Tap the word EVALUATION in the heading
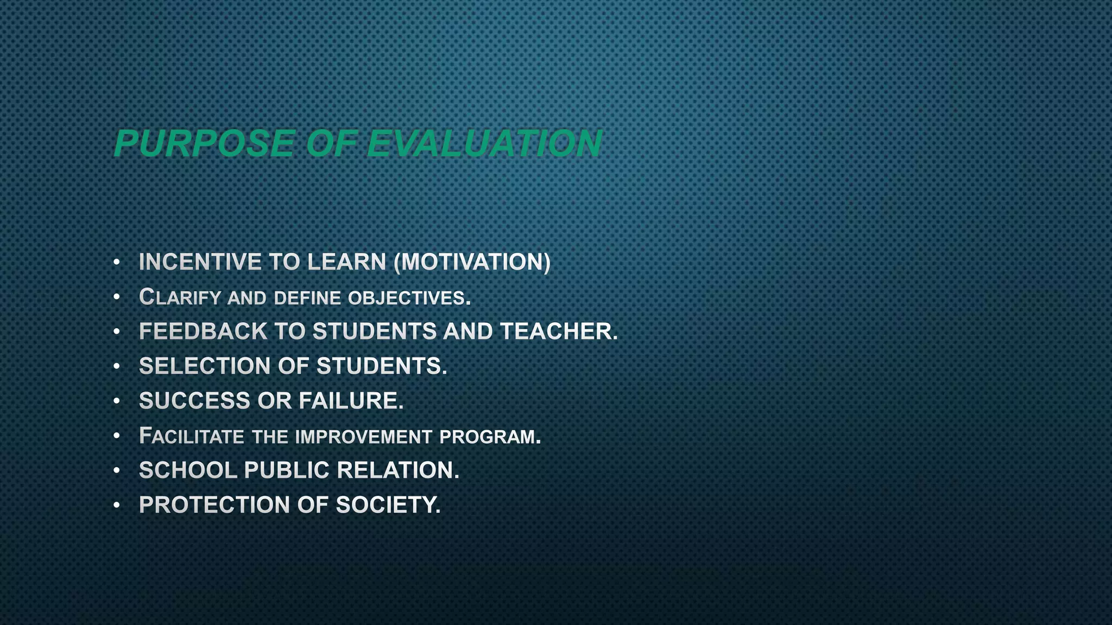484,144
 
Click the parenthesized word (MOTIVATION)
472,262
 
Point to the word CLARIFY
180,297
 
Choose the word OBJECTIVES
409,298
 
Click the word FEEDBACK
203,331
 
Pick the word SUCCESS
194,401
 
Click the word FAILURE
351,401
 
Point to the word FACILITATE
191,436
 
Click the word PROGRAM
490,437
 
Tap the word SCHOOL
188,470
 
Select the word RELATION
398,470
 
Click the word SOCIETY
388,505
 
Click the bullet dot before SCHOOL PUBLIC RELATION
117,471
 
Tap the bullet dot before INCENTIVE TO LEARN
117,263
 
